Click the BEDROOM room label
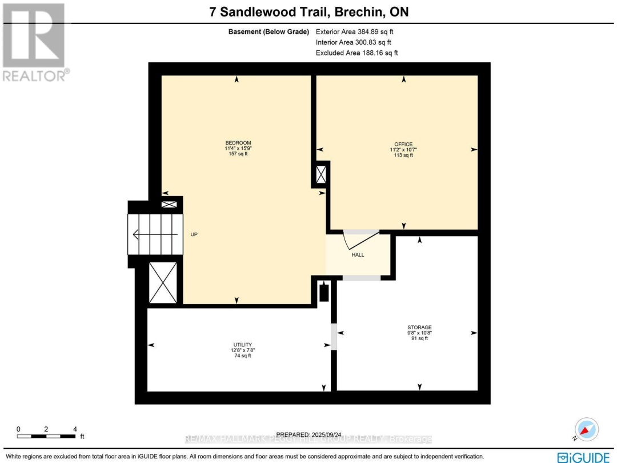[x=238, y=142]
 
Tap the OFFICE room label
[x=403, y=144]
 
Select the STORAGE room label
[x=419, y=327]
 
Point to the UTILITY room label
[x=242, y=345]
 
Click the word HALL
[x=358, y=255]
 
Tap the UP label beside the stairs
[x=194, y=234]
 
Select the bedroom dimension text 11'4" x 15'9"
[x=238, y=148]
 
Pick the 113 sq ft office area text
[x=403, y=155]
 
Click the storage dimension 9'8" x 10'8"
[x=419, y=333]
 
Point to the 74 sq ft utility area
[x=242, y=356]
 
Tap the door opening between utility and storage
[x=334, y=336]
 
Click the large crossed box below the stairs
[x=163, y=283]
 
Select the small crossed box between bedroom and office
[x=321, y=174]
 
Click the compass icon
[x=586, y=429]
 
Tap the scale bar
[x=46, y=436]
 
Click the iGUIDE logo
[x=583, y=457]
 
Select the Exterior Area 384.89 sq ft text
[x=355, y=31]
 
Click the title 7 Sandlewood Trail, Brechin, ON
[x=309, y=11]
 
